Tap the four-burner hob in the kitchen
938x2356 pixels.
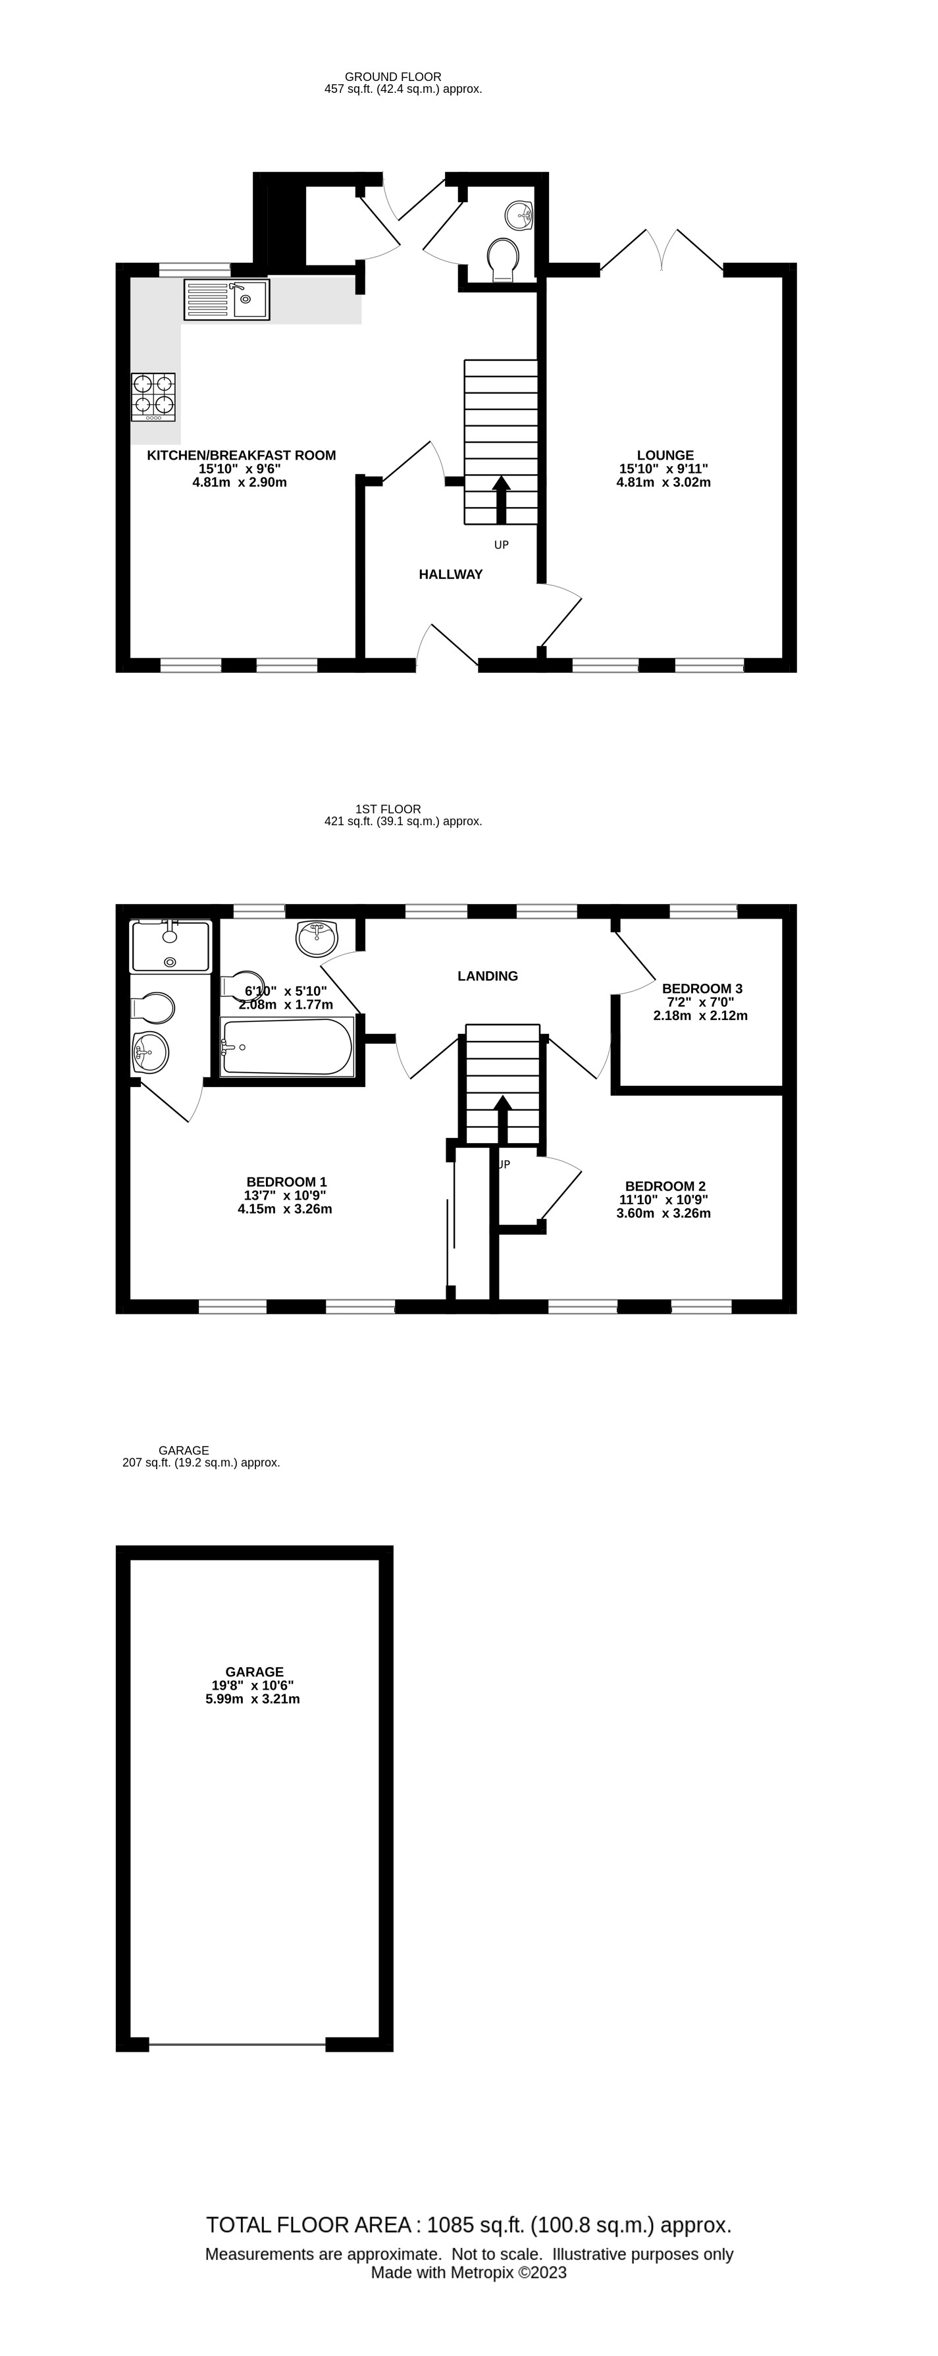tap(153, 397)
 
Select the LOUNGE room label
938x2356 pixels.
tap(665, 454)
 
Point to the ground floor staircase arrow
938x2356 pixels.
tap(501, 498)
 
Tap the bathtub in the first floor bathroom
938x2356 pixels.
tap(287, 1046)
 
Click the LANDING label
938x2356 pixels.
tap(487, 976)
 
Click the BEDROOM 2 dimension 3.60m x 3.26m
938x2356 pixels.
tap(664, 1213)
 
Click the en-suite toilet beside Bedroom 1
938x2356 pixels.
tap(153, 1008)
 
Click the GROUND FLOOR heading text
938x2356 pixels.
tap(393, 77)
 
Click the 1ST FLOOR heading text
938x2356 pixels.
tap(388, 809)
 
